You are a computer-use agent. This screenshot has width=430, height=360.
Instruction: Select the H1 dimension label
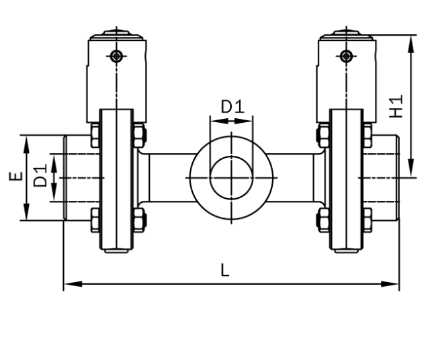[x=398, y=105]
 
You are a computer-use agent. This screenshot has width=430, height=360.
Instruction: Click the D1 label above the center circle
[x=232, y=106]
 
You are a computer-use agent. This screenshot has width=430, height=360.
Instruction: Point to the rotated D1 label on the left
[x=41, y=177]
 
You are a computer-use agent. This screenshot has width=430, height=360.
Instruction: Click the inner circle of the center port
[x=232, y=177]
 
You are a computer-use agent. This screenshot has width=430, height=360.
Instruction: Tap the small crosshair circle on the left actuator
[x=118, y=56]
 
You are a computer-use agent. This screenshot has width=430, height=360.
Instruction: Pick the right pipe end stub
[x=384, y=177]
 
